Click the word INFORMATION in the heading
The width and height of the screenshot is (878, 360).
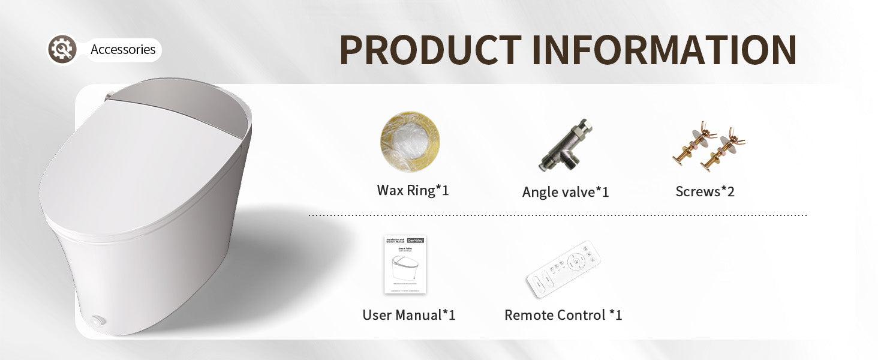click(x=664, y=50)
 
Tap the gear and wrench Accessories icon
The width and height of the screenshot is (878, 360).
click(x=62, y=49)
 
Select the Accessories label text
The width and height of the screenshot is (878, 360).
click(x=123, y=50)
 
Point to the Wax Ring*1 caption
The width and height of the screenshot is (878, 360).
click(x=413, y=191)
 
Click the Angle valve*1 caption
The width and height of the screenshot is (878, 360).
click(x=566, y=192)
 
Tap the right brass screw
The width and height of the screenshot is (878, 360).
click(x=726, y=147)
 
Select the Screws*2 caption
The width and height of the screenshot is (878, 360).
click(x=705, y=192)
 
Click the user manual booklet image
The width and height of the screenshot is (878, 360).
click(x=405, y=265)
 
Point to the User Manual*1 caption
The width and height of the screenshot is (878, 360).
click(x=409, y=315)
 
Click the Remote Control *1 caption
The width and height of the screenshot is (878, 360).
click(x=563, y=315)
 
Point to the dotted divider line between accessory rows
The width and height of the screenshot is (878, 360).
click(x=558, y=215)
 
